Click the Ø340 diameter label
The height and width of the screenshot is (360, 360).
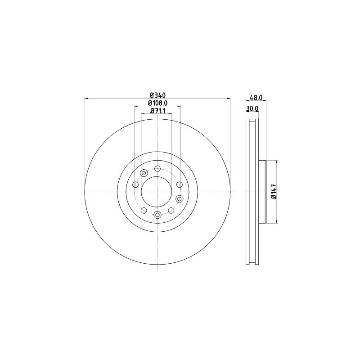pyautogui.click(x=158, y=95)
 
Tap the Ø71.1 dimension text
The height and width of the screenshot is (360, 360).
pyautogui.click(x=158, y=111)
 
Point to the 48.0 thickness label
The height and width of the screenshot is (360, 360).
pyautogui.click(x=256, y=98)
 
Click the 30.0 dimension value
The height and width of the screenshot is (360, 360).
pyautogui.click(x=252, y=109)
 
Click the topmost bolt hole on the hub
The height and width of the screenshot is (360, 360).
pyautogui.click(x=157, y=169)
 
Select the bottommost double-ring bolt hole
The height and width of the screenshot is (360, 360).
pyautogui.click(x=157, y=215)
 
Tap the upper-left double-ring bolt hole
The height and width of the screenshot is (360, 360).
pyautogui.click(x=144, y=173)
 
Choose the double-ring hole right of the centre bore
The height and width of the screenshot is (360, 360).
pyautogui.click(x=180, y=199)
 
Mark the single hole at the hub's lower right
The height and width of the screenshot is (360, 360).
pyautogui.click(x=171, y=210)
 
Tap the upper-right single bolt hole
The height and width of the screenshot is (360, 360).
pyautogui.click(x=180, y=184)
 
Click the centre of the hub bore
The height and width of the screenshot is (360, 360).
pyautogui.click(x=157, y=192)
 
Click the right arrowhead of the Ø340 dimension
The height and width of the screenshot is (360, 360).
pyautogui.click(x=229, y=99)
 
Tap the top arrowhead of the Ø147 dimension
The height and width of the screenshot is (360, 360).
pyautogui.click(x=276, y=162)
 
